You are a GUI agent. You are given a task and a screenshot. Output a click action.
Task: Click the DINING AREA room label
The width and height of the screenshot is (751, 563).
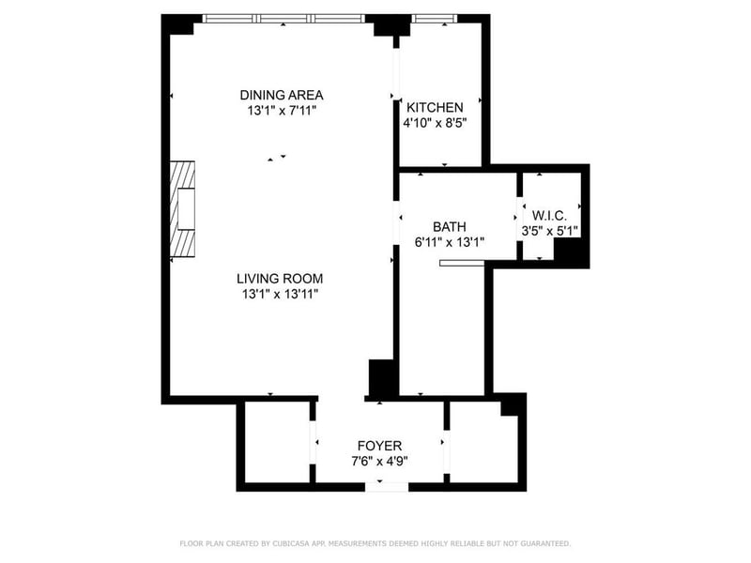(x=281, y=95)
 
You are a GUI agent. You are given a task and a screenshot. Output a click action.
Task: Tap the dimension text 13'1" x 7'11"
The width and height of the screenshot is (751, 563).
(x=282, y=111)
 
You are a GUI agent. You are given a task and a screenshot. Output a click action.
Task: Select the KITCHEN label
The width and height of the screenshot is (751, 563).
(x=435, y=107)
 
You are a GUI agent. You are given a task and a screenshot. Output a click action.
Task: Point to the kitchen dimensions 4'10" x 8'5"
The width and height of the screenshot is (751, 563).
(x=435, y=123)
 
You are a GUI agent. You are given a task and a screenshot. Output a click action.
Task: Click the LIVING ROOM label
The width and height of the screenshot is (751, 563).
(x=280, y=278)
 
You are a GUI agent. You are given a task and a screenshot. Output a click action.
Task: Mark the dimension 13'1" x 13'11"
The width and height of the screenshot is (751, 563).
(x=280, y=294)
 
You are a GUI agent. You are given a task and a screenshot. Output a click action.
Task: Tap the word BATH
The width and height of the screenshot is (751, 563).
(x=450, y=226)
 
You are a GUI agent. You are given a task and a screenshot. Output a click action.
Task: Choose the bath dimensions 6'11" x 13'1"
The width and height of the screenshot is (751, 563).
(x=450, y=242)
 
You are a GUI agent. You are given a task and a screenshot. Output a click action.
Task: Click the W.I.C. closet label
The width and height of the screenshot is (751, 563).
(x=549, y=216)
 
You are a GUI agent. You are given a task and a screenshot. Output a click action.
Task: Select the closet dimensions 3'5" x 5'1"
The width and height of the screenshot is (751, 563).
(x=550, y=231)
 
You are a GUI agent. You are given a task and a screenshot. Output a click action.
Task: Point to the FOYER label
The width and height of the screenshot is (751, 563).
(x=379, y=446)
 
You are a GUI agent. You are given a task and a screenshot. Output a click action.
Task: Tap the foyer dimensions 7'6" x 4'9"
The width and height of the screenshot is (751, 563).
(x=379, y=462)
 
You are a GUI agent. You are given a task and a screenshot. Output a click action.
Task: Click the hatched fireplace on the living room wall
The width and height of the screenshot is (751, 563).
(x=182, y=209)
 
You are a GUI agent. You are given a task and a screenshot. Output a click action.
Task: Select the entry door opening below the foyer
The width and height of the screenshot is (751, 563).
(x=387, y=487)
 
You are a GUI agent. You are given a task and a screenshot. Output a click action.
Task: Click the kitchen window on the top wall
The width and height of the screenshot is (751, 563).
(x=435, y=19)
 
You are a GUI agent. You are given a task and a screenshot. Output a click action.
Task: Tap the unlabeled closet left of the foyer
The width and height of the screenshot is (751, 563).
(x=277, y=442)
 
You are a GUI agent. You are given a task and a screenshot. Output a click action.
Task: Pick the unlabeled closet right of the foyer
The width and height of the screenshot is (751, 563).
(x=483, y=443)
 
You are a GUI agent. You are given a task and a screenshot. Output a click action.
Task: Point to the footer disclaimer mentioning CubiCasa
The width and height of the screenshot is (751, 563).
(x=375, y=543)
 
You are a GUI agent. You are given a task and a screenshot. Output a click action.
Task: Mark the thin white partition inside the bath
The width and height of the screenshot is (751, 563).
(x=462, y=263)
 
